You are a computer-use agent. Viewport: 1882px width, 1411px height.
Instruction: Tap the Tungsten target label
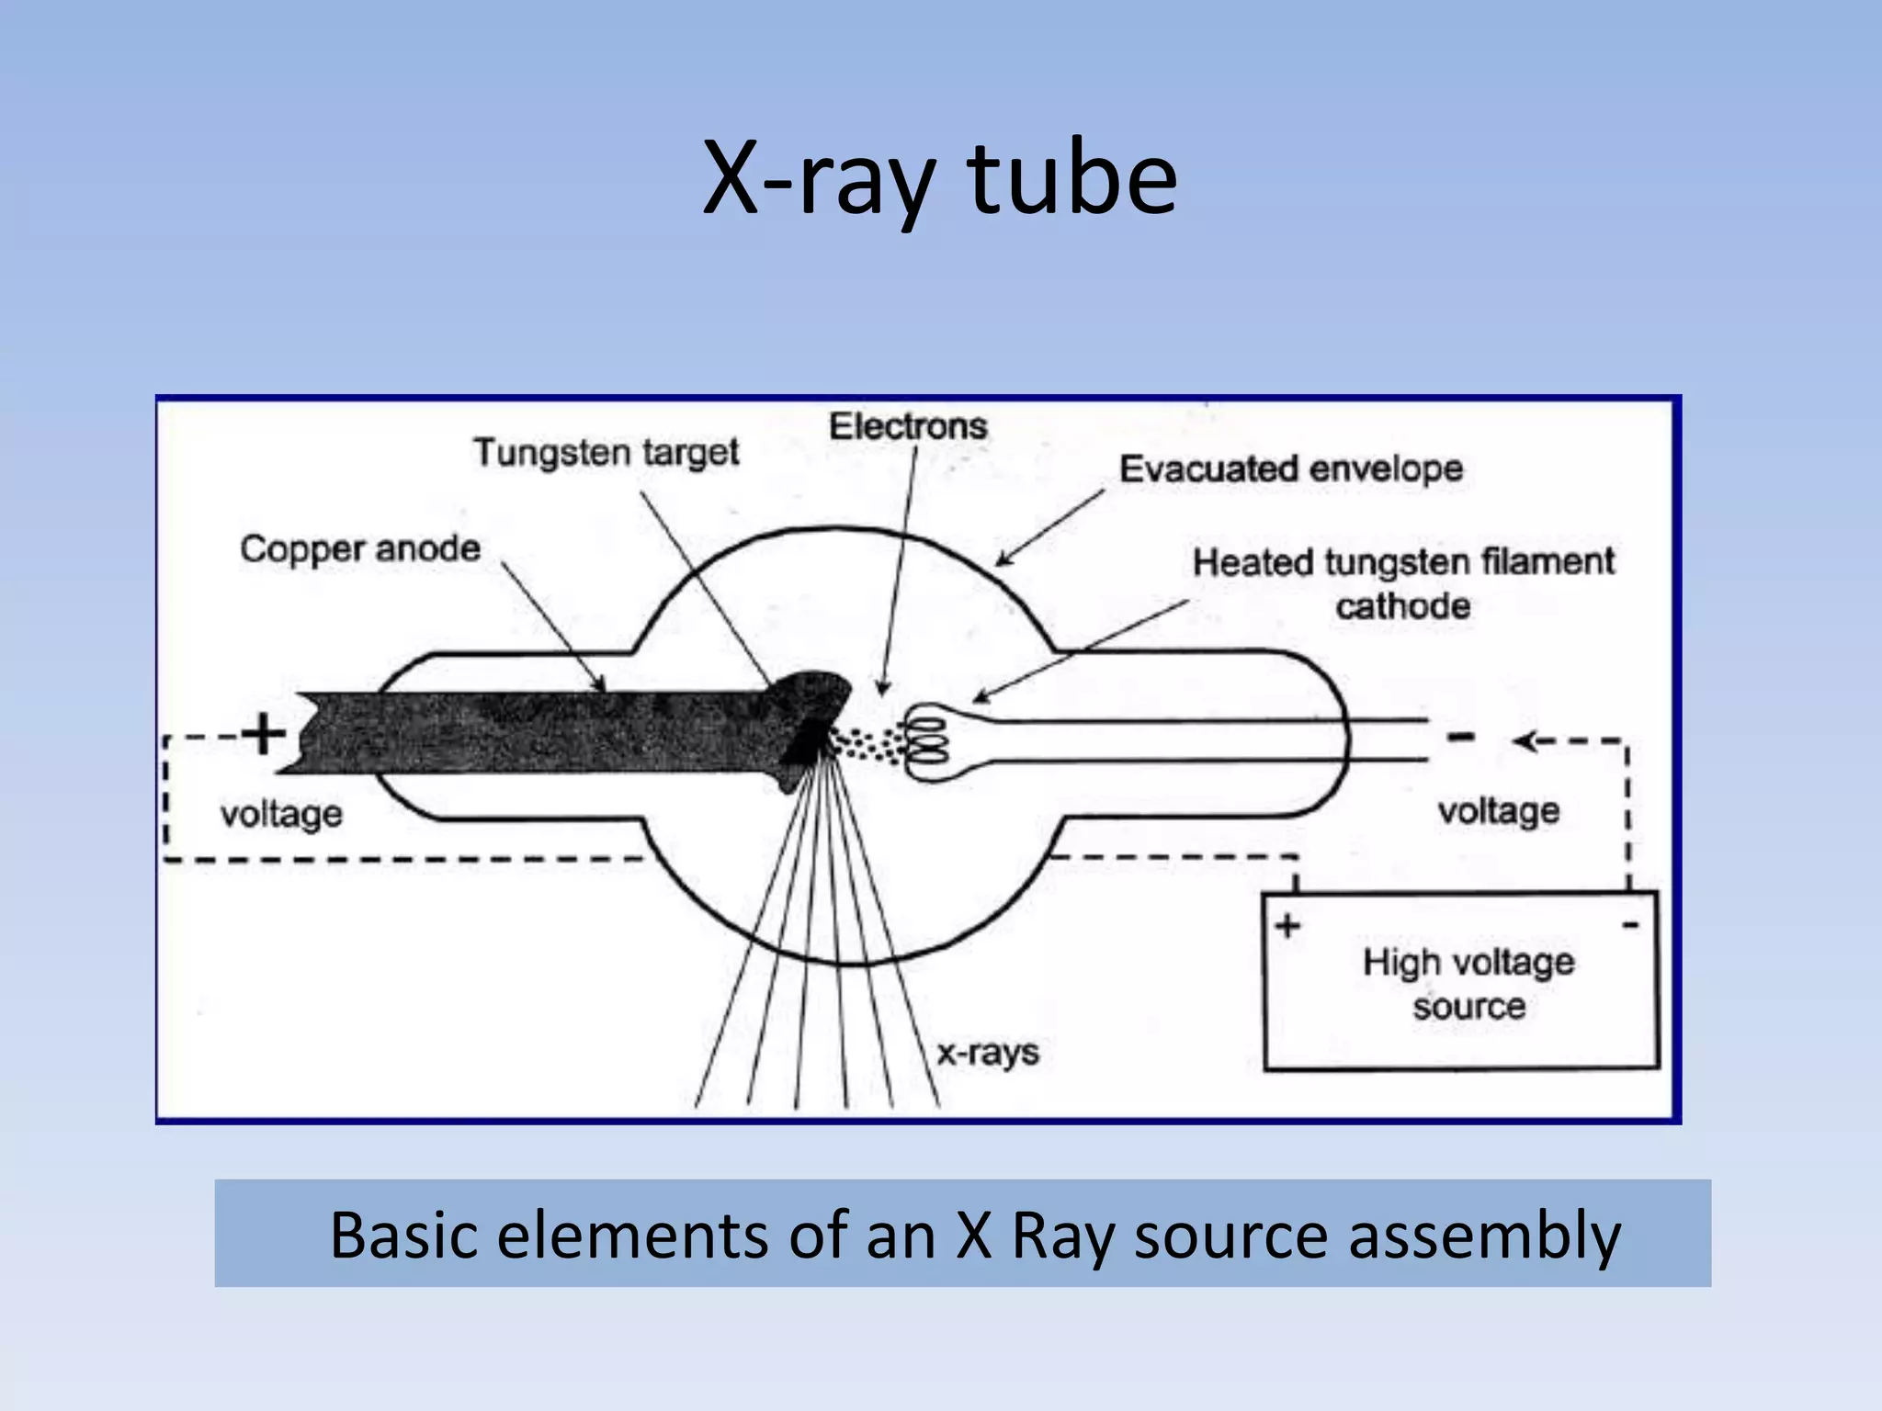(x=607, y=452)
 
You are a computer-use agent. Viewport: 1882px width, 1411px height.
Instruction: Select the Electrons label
(x=908, y=426)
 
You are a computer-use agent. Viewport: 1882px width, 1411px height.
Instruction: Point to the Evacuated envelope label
(x=1290, y=469)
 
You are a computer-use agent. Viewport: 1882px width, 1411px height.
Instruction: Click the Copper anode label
(x=360, y=548)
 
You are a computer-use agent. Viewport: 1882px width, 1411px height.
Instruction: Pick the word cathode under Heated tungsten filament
(x=1402, y=606)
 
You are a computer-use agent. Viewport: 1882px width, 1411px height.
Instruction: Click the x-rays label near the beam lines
(x=988, y=1052)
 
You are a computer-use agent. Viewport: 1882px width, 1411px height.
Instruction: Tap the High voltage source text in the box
(x=1468, y=984)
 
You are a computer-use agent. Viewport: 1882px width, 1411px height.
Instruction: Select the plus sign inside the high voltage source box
(x=1287, y=925)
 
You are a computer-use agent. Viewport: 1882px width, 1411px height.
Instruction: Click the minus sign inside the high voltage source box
(x=1630, y=924)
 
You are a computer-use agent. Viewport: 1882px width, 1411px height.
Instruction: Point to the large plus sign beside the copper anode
(x=264, y=734)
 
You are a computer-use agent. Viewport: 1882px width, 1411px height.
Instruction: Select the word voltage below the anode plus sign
(x=281, y=814)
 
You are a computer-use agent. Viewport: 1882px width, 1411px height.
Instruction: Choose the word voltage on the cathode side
(x=1498, y=811)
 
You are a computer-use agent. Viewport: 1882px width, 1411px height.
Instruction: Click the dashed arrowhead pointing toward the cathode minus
(x=1526, y=740)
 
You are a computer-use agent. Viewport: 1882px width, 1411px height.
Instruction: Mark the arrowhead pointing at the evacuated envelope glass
(x=1004, y=559)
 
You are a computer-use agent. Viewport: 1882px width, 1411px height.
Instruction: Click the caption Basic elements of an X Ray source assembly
(x=974, y=1234)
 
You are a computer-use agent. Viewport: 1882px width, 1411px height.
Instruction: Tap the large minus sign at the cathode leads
(x=1461, y=737)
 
